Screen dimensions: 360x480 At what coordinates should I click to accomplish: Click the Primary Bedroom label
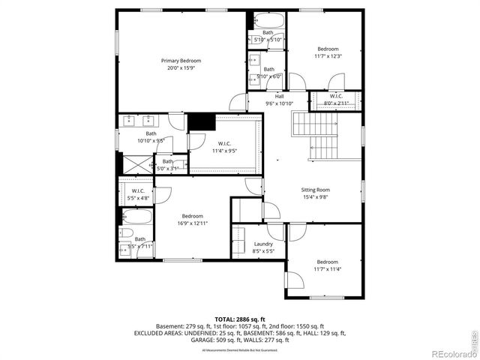click(x=181, y=61)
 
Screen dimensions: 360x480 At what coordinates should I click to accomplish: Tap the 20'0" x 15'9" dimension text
click(x=181, y=68)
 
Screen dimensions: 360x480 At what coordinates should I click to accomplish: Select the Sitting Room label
click(x=316, y=190)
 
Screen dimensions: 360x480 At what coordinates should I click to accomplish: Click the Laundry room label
click(x=263, y=244)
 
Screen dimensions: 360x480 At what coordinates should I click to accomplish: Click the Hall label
click(x=279, y=97)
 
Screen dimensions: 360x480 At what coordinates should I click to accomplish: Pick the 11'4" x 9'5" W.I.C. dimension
click(x=224, y=150)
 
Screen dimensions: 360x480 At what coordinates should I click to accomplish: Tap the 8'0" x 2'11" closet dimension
click(x=336, y=103)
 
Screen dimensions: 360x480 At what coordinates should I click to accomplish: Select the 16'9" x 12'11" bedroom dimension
click(x=192, y=223)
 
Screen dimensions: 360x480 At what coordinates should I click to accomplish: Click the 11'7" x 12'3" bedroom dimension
click(x=327, y=55)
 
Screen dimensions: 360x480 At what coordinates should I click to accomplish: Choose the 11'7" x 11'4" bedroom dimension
click(x=327, y=269)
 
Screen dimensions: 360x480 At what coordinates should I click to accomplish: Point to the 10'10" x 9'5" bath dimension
click(x=151, y=140)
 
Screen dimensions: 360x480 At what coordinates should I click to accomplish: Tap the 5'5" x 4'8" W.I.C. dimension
click(x=138, y=199)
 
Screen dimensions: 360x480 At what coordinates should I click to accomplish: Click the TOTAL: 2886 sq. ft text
click(x=239, y=320)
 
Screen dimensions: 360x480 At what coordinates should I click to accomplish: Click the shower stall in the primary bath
click(x=136, y=164)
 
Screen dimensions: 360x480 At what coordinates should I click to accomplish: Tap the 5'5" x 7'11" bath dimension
click(x=140, y=246)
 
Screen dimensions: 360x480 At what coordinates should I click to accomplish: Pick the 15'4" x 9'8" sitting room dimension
click(x=316, y=198)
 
